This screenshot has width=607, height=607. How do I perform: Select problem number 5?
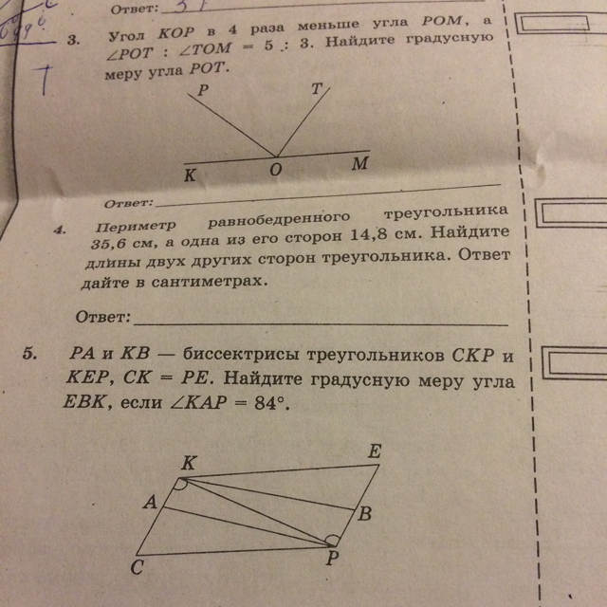tap(30, 353)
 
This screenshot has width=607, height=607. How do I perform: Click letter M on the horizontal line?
tap(359, 163)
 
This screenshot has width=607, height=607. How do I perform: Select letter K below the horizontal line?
tap(191, 176)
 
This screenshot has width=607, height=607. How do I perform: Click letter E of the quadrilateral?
tap(375, 452)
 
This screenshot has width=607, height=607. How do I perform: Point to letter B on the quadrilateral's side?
tap(366, 513)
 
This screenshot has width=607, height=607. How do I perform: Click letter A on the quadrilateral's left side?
tap(149, 506)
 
